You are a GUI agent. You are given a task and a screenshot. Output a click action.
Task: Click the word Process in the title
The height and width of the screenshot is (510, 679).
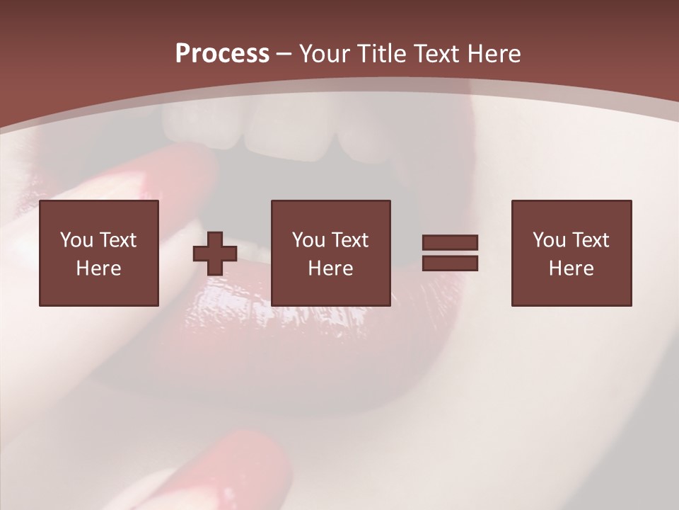222,54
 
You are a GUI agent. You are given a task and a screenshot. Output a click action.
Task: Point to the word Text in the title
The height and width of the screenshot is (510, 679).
438,54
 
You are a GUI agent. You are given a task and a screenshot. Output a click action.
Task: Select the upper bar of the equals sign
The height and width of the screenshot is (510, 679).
450,243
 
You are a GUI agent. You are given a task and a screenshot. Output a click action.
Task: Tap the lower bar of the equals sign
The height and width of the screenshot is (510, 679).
450,263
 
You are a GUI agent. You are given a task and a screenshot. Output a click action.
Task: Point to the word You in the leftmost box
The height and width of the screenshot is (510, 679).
76,240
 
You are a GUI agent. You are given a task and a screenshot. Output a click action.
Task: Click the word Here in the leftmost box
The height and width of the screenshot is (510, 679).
99,268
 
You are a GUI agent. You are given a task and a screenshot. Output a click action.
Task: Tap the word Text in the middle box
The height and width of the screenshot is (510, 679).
350,240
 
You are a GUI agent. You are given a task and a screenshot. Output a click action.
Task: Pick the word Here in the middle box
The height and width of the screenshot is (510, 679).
331,268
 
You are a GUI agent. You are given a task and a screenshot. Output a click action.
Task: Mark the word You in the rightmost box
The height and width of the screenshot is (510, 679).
549,240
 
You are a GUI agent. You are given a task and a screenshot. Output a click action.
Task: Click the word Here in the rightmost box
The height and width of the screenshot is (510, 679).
571,268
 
